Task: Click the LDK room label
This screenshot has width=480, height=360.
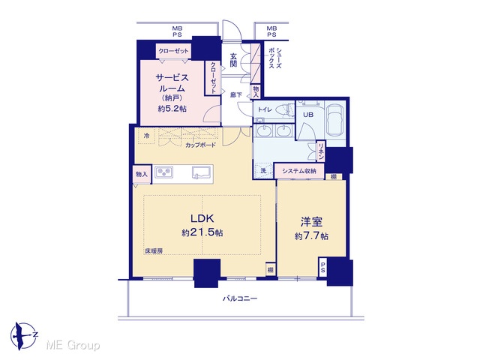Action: click(202, 218)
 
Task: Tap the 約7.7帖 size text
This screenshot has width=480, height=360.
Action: click(312, 236)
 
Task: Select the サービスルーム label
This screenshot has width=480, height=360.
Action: click(172, 82)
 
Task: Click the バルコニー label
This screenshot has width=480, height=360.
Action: click(240, 298)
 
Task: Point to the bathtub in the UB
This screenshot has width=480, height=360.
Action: click(335, 121)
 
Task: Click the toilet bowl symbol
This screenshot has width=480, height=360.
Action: click(282, 109)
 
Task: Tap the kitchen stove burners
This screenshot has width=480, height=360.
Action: click(163, 172)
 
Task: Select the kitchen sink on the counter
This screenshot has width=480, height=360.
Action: click(202, 172)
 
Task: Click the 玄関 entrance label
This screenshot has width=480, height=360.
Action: click(233, 60)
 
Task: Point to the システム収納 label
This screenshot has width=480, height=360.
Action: click(299, 171)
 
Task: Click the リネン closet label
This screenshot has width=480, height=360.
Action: click(321, 151)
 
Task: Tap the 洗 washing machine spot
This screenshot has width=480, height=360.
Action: click(263, 171)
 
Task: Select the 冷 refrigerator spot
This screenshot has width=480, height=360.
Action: click(147, 135)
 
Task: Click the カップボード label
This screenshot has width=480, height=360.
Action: click(200, 145)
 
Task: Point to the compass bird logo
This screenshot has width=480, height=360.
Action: click(23, 336)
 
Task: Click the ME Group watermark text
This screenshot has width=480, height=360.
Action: click(73, 346)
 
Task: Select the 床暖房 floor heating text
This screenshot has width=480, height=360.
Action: click(154, 251)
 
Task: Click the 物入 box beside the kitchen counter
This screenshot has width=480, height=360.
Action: click(142, 174)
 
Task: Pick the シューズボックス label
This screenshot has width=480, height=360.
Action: click(274, 58)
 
